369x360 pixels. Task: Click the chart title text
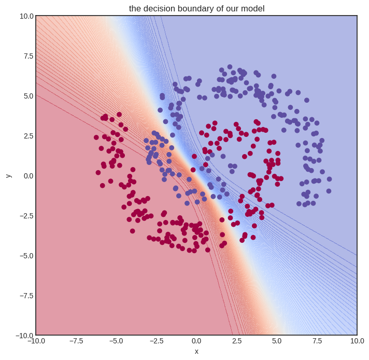[x=196, y=8]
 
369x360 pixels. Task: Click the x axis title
[x=196, y=351]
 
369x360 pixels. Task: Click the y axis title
[x=8, y=175]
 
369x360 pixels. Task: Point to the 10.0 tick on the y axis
[x=26, y=16]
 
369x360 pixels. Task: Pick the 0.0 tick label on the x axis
[x=196, y=341]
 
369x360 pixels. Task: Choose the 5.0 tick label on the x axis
[x=277, y=341]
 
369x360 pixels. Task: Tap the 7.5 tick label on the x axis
[x=317, y=341]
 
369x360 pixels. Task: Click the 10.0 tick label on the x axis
[x=357, y=341]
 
